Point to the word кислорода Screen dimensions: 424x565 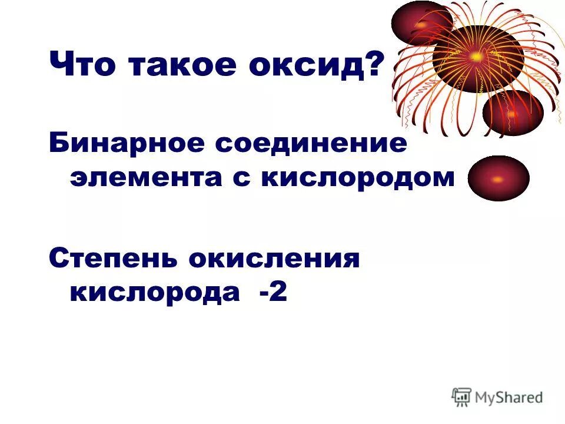(x=155, y=293)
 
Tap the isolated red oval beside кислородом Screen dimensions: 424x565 (x=498, y=178)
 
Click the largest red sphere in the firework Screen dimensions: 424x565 (x=478, y=58)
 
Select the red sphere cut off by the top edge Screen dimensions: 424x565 (x=421, y=22)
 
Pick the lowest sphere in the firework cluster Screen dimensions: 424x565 (x=512, y=113)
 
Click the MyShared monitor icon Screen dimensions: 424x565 (x=461, y=397)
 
